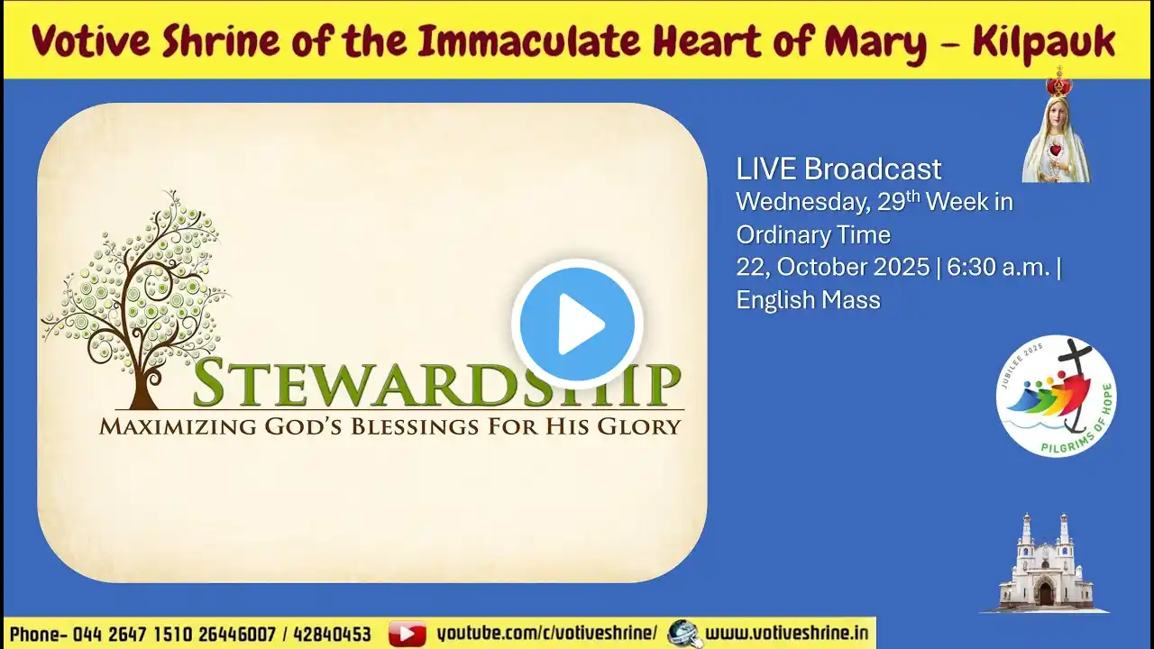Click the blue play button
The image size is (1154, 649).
tap(577, 324)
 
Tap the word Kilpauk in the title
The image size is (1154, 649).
tap(1044, 41)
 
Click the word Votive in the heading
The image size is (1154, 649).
tap(91, 41)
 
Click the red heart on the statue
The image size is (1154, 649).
tap(1057, 151)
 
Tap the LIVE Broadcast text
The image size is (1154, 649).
tap(838, 169)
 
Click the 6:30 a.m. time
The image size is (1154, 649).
tap(998, 267)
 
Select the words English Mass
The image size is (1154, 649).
tap(809, 300)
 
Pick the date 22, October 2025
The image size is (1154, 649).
tap(832, 267)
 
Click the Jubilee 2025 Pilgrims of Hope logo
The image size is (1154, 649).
tap(1056, 396)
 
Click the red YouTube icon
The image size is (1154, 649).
tap(407, 634)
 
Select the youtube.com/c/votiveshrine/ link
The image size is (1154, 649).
tap(547, 634)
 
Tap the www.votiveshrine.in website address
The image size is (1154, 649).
tap(787, 633)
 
